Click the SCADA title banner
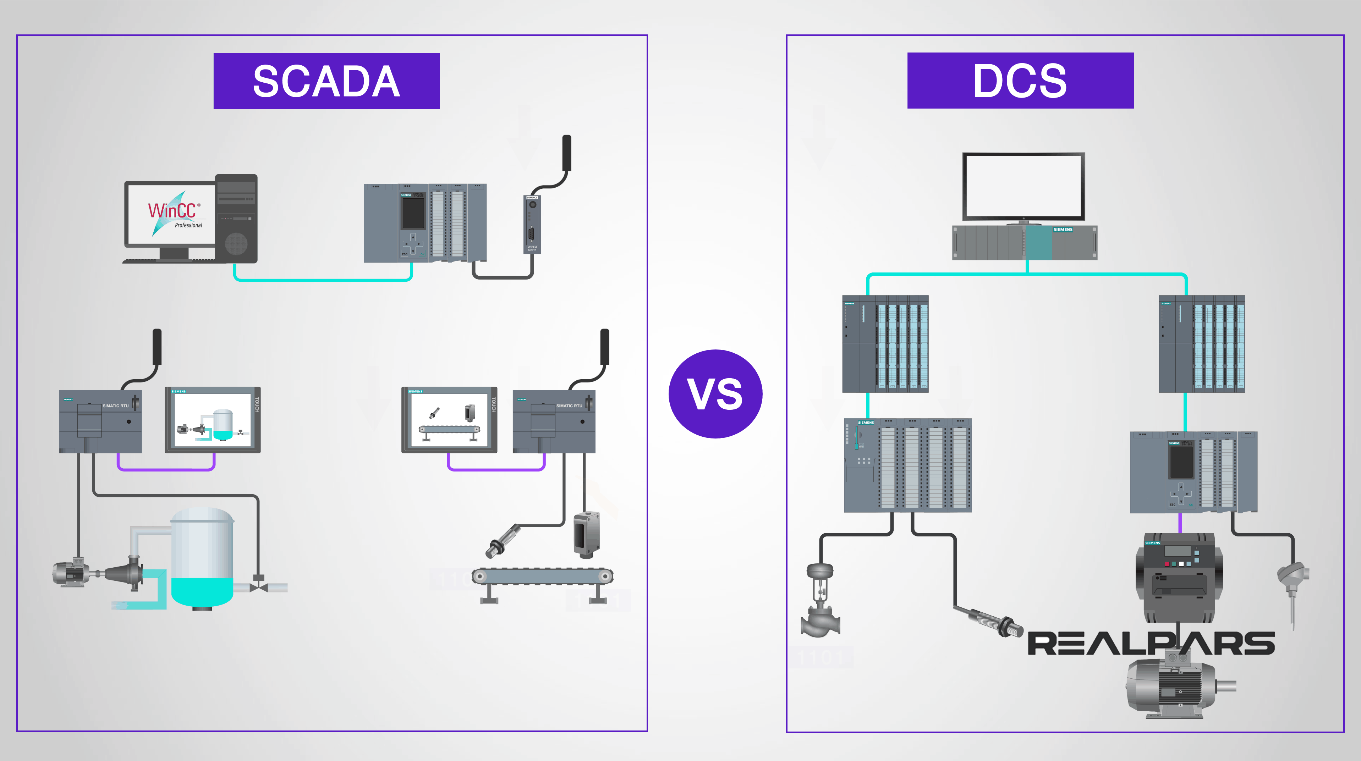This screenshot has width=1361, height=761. pos(326,81)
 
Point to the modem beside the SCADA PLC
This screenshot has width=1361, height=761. pos(532,224)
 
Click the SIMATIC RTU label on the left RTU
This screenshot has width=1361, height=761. pos(115,406)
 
